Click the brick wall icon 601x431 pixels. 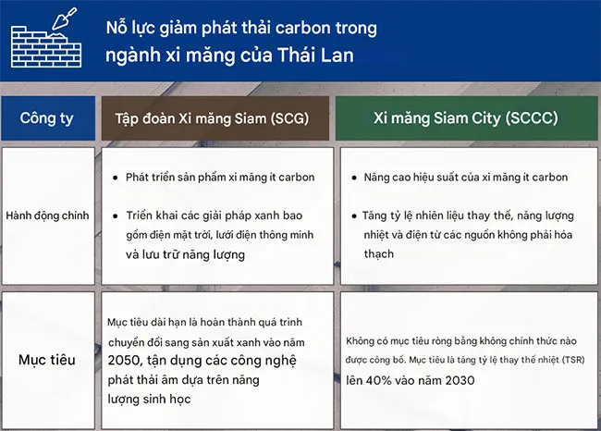coord(46,47)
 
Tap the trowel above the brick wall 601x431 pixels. coord(65,18)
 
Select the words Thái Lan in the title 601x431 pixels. coord(315,55)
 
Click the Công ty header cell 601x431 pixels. coord(47,118)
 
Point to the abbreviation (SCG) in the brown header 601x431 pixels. coord(289,118)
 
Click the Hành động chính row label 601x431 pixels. coord(47,215)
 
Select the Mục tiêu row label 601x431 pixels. coord(47,360)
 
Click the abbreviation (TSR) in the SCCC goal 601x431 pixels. coord(573,360)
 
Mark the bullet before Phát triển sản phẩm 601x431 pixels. coord(115,178)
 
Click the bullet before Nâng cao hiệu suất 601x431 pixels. coord(354,178)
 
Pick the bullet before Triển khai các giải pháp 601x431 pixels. coord(115,215)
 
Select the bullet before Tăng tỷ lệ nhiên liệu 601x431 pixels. coord(354,215)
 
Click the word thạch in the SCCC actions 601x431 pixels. coord(379,253)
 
